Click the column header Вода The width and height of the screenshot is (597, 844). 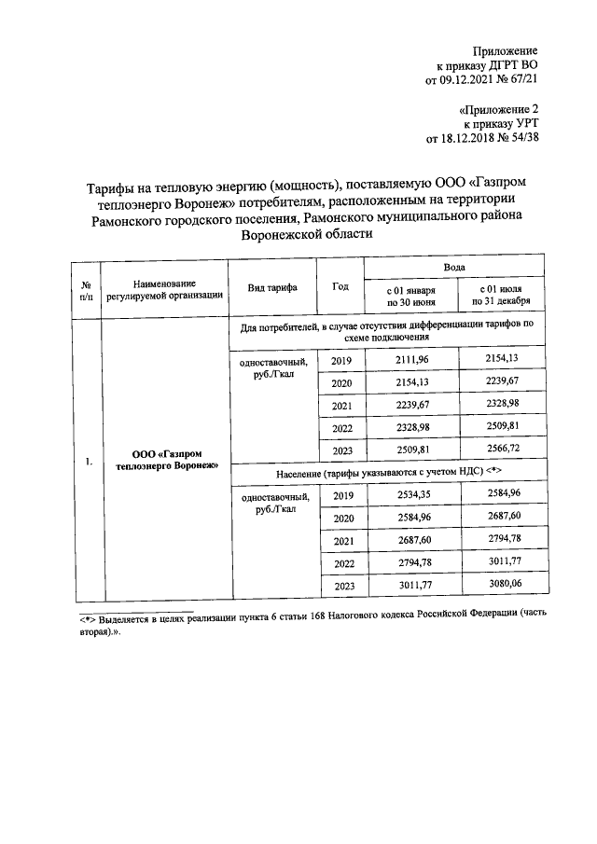(x=453, y=268)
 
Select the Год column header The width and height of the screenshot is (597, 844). (x=340, y=287)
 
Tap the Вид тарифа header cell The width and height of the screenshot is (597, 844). (x=272, y=288)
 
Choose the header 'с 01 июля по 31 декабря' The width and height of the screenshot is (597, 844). (x=500, y=297)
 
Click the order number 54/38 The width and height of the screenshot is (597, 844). (x=521, y=138)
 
